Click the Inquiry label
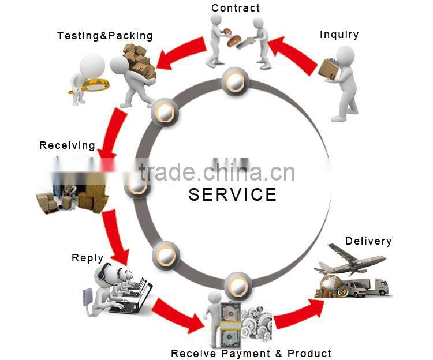coord(339,35)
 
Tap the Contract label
coord(236,8)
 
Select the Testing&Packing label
coord(105,36)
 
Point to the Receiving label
coord(67,145)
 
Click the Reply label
coord(88,258)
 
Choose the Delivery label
coord(368,241)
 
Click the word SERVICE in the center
coord(233,194)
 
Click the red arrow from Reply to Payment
coord(176,316)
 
